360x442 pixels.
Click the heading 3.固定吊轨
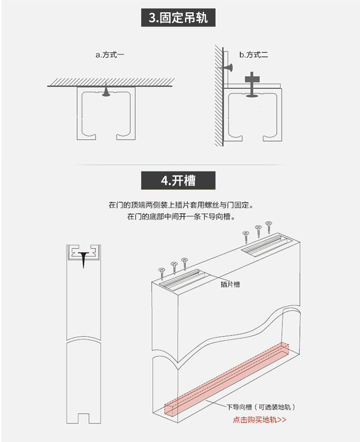tap(178, 18)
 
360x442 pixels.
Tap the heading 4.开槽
tap(178, 181)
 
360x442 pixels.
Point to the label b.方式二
tap(254, 55)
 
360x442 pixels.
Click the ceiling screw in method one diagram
tap(106, 92)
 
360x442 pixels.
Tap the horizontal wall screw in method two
tap(228, 68)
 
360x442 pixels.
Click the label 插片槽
tap(230, 285)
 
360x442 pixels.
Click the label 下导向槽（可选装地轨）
tap(264, 407)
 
